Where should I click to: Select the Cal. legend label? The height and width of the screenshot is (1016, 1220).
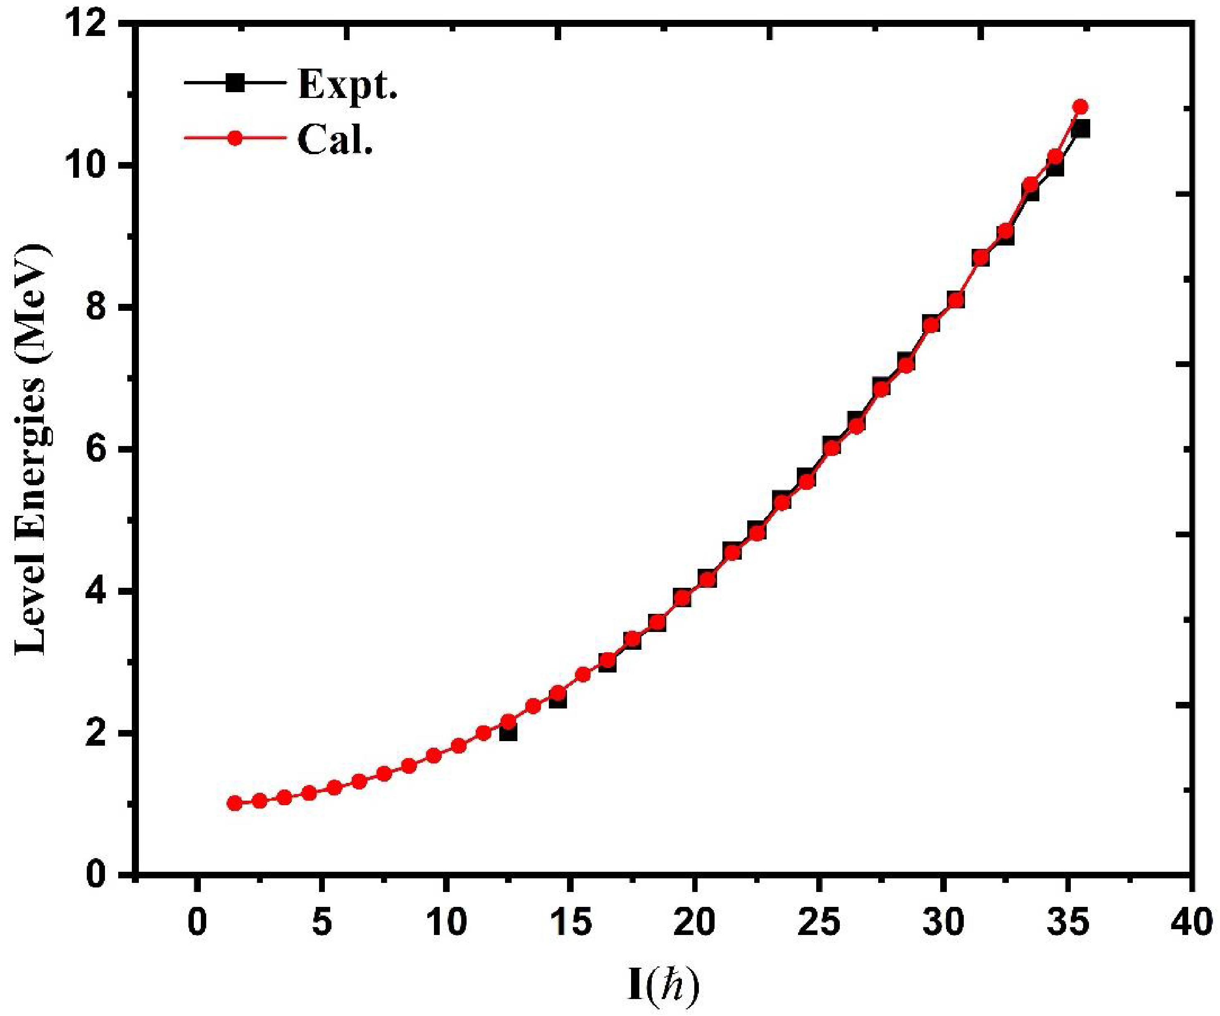(335, 139)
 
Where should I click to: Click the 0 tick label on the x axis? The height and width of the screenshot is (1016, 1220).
(198, 923)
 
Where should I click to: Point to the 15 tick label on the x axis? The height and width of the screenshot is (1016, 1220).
(570, 923)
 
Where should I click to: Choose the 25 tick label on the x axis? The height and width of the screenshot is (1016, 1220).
(819, 923)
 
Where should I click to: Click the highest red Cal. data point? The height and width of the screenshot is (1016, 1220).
(1081, 107)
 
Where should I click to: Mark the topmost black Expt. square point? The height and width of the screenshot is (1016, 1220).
(1081, 129)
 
